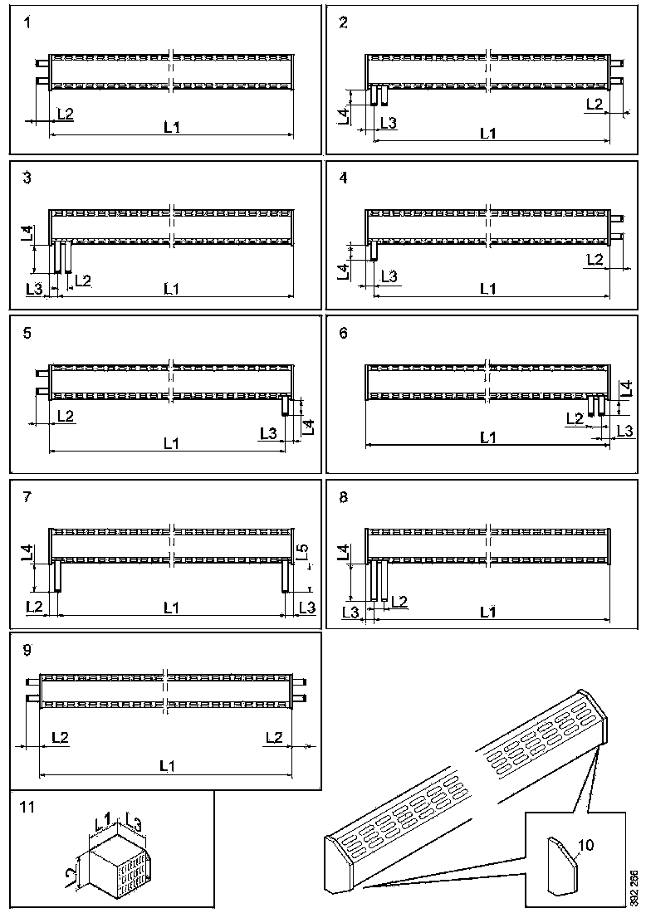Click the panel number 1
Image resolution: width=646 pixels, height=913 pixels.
tap(27, 23)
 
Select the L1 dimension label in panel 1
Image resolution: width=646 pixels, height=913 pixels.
tap(171, 127)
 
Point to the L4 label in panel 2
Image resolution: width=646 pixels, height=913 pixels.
tap(343, 115)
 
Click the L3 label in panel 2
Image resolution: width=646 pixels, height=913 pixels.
tap(388, 123)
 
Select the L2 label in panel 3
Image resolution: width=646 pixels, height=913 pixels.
tap(83, 281)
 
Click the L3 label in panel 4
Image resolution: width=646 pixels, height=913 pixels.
tap(388, 276)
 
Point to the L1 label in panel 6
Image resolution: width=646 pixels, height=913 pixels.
tap(487, 437)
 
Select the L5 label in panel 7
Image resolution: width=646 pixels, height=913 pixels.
tap(303, 551)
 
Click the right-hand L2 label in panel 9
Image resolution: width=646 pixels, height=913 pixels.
tap(274, 737)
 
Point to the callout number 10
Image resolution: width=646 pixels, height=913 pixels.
tap(586, 845)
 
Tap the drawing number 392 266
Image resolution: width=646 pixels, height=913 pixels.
tap(634, 887)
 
